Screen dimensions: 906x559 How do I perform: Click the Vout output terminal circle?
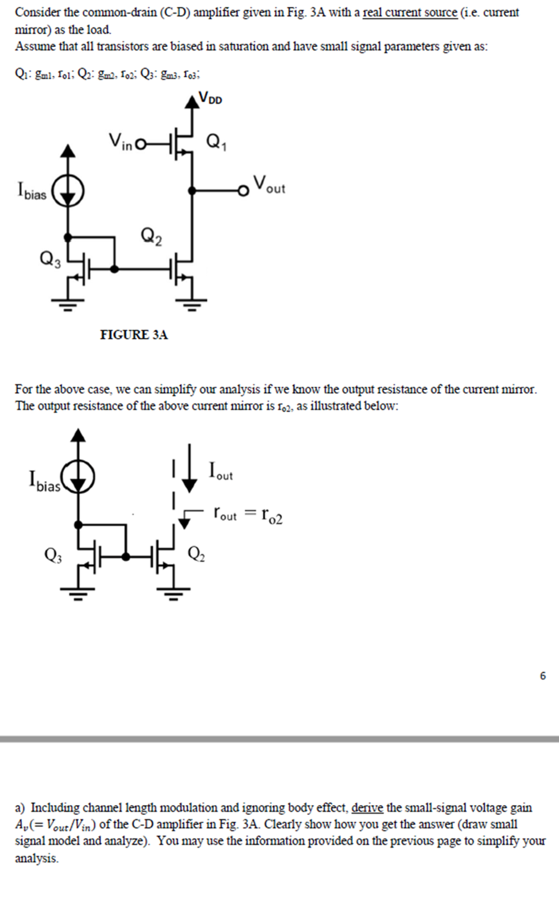pos(242,190)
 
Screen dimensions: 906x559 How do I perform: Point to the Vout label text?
pos(269,185)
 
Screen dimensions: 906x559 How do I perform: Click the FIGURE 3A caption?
pos(134,334)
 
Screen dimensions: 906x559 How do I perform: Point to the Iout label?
pos(221,471)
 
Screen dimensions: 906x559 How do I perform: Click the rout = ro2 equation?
pos(248,515)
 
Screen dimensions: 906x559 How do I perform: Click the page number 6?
pos(543,676)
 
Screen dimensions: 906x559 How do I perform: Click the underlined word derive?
pos(367,808)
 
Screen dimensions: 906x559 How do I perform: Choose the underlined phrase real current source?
pos(410,12)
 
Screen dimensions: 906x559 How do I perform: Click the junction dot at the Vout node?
pos(192,190)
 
